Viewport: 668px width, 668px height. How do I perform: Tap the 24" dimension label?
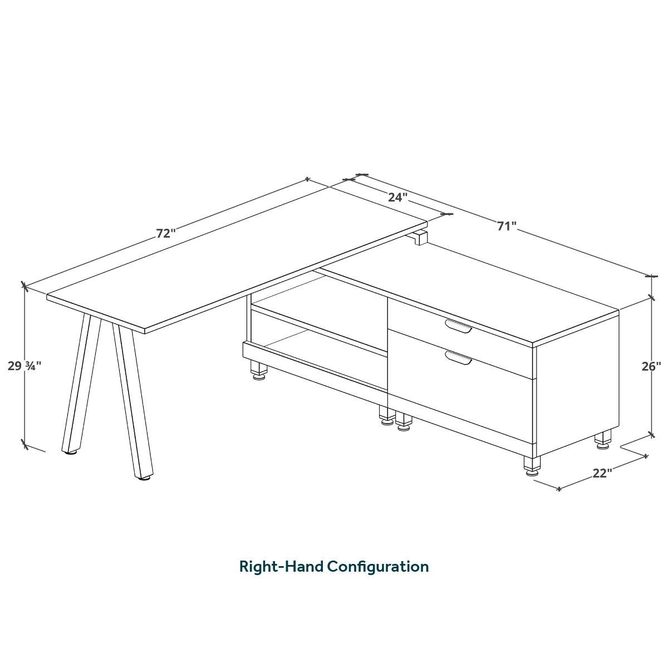pos(397,197)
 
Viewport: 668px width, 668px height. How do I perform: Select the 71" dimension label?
pos(507,226)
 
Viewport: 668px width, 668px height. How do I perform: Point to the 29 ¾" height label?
pos(24,366)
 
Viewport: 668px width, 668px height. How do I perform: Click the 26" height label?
pos(651,366)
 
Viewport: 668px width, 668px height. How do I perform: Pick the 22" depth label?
pos(602,473)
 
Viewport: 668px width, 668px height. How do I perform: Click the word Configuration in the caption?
pos(378,567)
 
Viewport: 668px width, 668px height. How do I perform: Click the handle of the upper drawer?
pos(458,326)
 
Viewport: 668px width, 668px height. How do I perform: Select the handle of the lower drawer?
pos(458,357)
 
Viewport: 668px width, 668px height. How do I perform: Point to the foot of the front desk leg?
pos(145,478)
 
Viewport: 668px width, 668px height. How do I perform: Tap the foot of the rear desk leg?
pos(70,452)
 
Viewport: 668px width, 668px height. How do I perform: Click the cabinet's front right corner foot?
pos(532,466)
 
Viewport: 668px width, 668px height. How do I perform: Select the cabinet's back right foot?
pos(603,440)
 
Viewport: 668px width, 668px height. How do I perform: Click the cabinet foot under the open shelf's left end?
pos(259,371)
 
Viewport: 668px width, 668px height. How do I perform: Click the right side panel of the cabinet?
pos(577,384)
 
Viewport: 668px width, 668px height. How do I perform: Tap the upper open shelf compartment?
pos(319,312)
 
